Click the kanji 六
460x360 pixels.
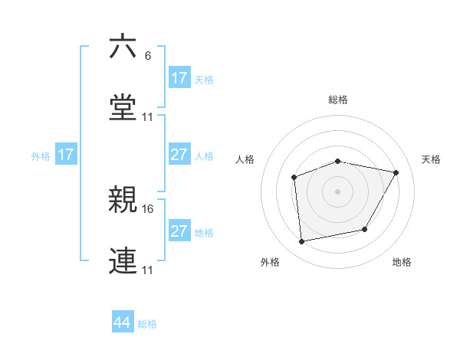tap(123, 47)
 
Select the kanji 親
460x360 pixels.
tap(123, 200)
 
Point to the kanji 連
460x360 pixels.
tap(123, 260)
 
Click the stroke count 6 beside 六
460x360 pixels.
tap(148, 57)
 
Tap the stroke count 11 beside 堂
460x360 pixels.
tap(149, 117)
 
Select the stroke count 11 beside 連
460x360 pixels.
tap(149, 270)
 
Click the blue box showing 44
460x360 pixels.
tap(123, 322)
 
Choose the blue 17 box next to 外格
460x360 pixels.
tap(66, 155)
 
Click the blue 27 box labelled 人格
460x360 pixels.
tap(179, 155)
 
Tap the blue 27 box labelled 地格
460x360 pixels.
tap(179, 231)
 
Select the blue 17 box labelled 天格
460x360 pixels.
tap(179, 78)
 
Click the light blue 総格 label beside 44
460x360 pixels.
tap(147, 324)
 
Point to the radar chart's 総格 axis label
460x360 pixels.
tap(338, 100)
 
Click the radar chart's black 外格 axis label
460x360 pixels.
tap(270, 262)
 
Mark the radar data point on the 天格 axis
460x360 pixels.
tap(396, 172)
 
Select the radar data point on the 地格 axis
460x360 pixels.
tap(365, 229)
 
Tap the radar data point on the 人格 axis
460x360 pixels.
tap(294, 178)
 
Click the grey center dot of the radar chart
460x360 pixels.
tap(337, 191)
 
